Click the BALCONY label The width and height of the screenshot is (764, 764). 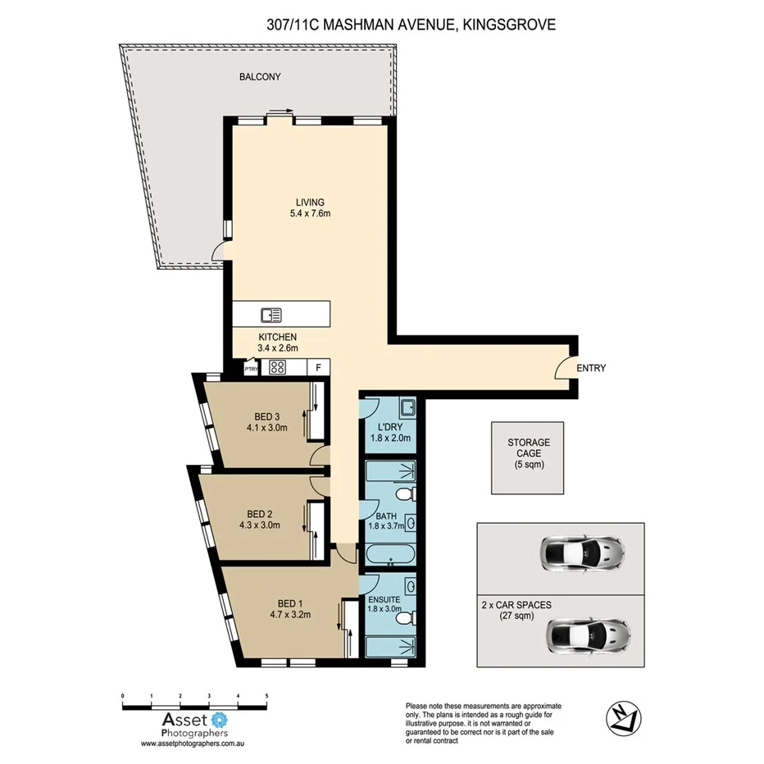pos(260,77)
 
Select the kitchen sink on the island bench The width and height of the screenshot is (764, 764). pos(271,314)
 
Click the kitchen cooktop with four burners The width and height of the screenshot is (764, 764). pos(277,368)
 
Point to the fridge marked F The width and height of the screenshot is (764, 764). pos(318,368)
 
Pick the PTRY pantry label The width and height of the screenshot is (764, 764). pos(251,370)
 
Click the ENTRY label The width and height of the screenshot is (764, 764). pos(591,368)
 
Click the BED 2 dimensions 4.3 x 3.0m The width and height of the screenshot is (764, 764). pos(259,525)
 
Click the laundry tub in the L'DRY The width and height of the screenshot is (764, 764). pos(407,407)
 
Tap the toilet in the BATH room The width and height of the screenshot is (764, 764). pos(402,494)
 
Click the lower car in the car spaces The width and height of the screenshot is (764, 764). pos(589,634)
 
